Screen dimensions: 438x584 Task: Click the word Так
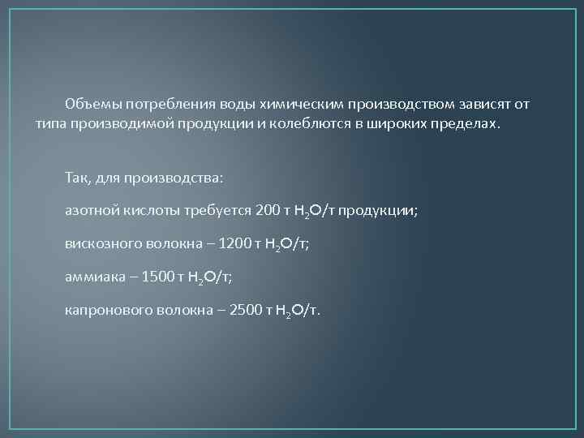(x=76, y=176)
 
